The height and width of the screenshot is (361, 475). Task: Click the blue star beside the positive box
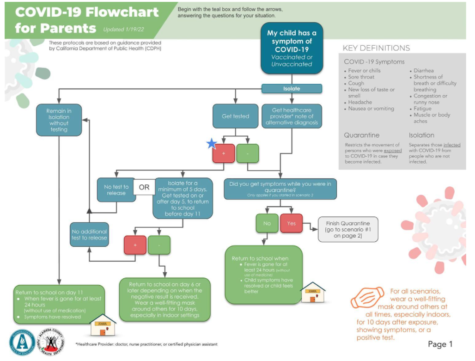212,144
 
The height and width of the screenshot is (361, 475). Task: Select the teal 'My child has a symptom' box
292,48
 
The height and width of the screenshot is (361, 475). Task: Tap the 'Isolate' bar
292,88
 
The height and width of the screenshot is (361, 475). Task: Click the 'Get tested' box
235,116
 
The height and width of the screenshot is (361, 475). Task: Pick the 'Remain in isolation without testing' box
59,120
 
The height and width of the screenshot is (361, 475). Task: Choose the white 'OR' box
144,187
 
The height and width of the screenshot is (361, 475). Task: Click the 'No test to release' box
116,190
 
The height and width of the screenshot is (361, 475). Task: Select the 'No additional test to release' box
89,234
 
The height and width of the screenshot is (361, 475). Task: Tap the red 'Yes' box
291,223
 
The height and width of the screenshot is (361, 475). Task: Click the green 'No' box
267,223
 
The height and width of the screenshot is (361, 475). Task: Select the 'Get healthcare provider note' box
292,116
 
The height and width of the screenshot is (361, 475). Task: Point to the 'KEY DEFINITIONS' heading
376,48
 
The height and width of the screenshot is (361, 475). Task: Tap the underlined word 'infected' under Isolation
452,145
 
